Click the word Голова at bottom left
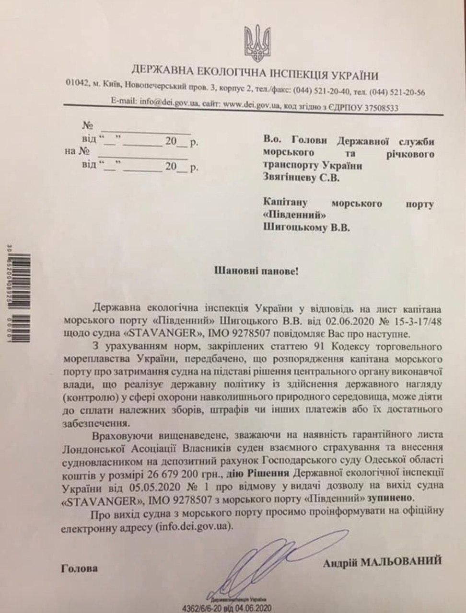[x=80, y=568]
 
